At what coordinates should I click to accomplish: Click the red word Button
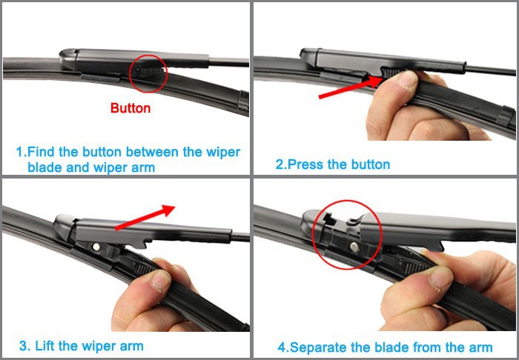click(130, 108)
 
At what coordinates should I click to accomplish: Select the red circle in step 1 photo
click(148, 73)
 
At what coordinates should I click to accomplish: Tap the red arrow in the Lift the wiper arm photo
click(148, 219)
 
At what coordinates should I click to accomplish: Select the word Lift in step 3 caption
click(47, 346)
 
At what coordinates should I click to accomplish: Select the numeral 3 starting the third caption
click(24, 346)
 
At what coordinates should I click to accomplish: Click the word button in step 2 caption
click(368, 164)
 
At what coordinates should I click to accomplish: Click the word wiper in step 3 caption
click(103, 346)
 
